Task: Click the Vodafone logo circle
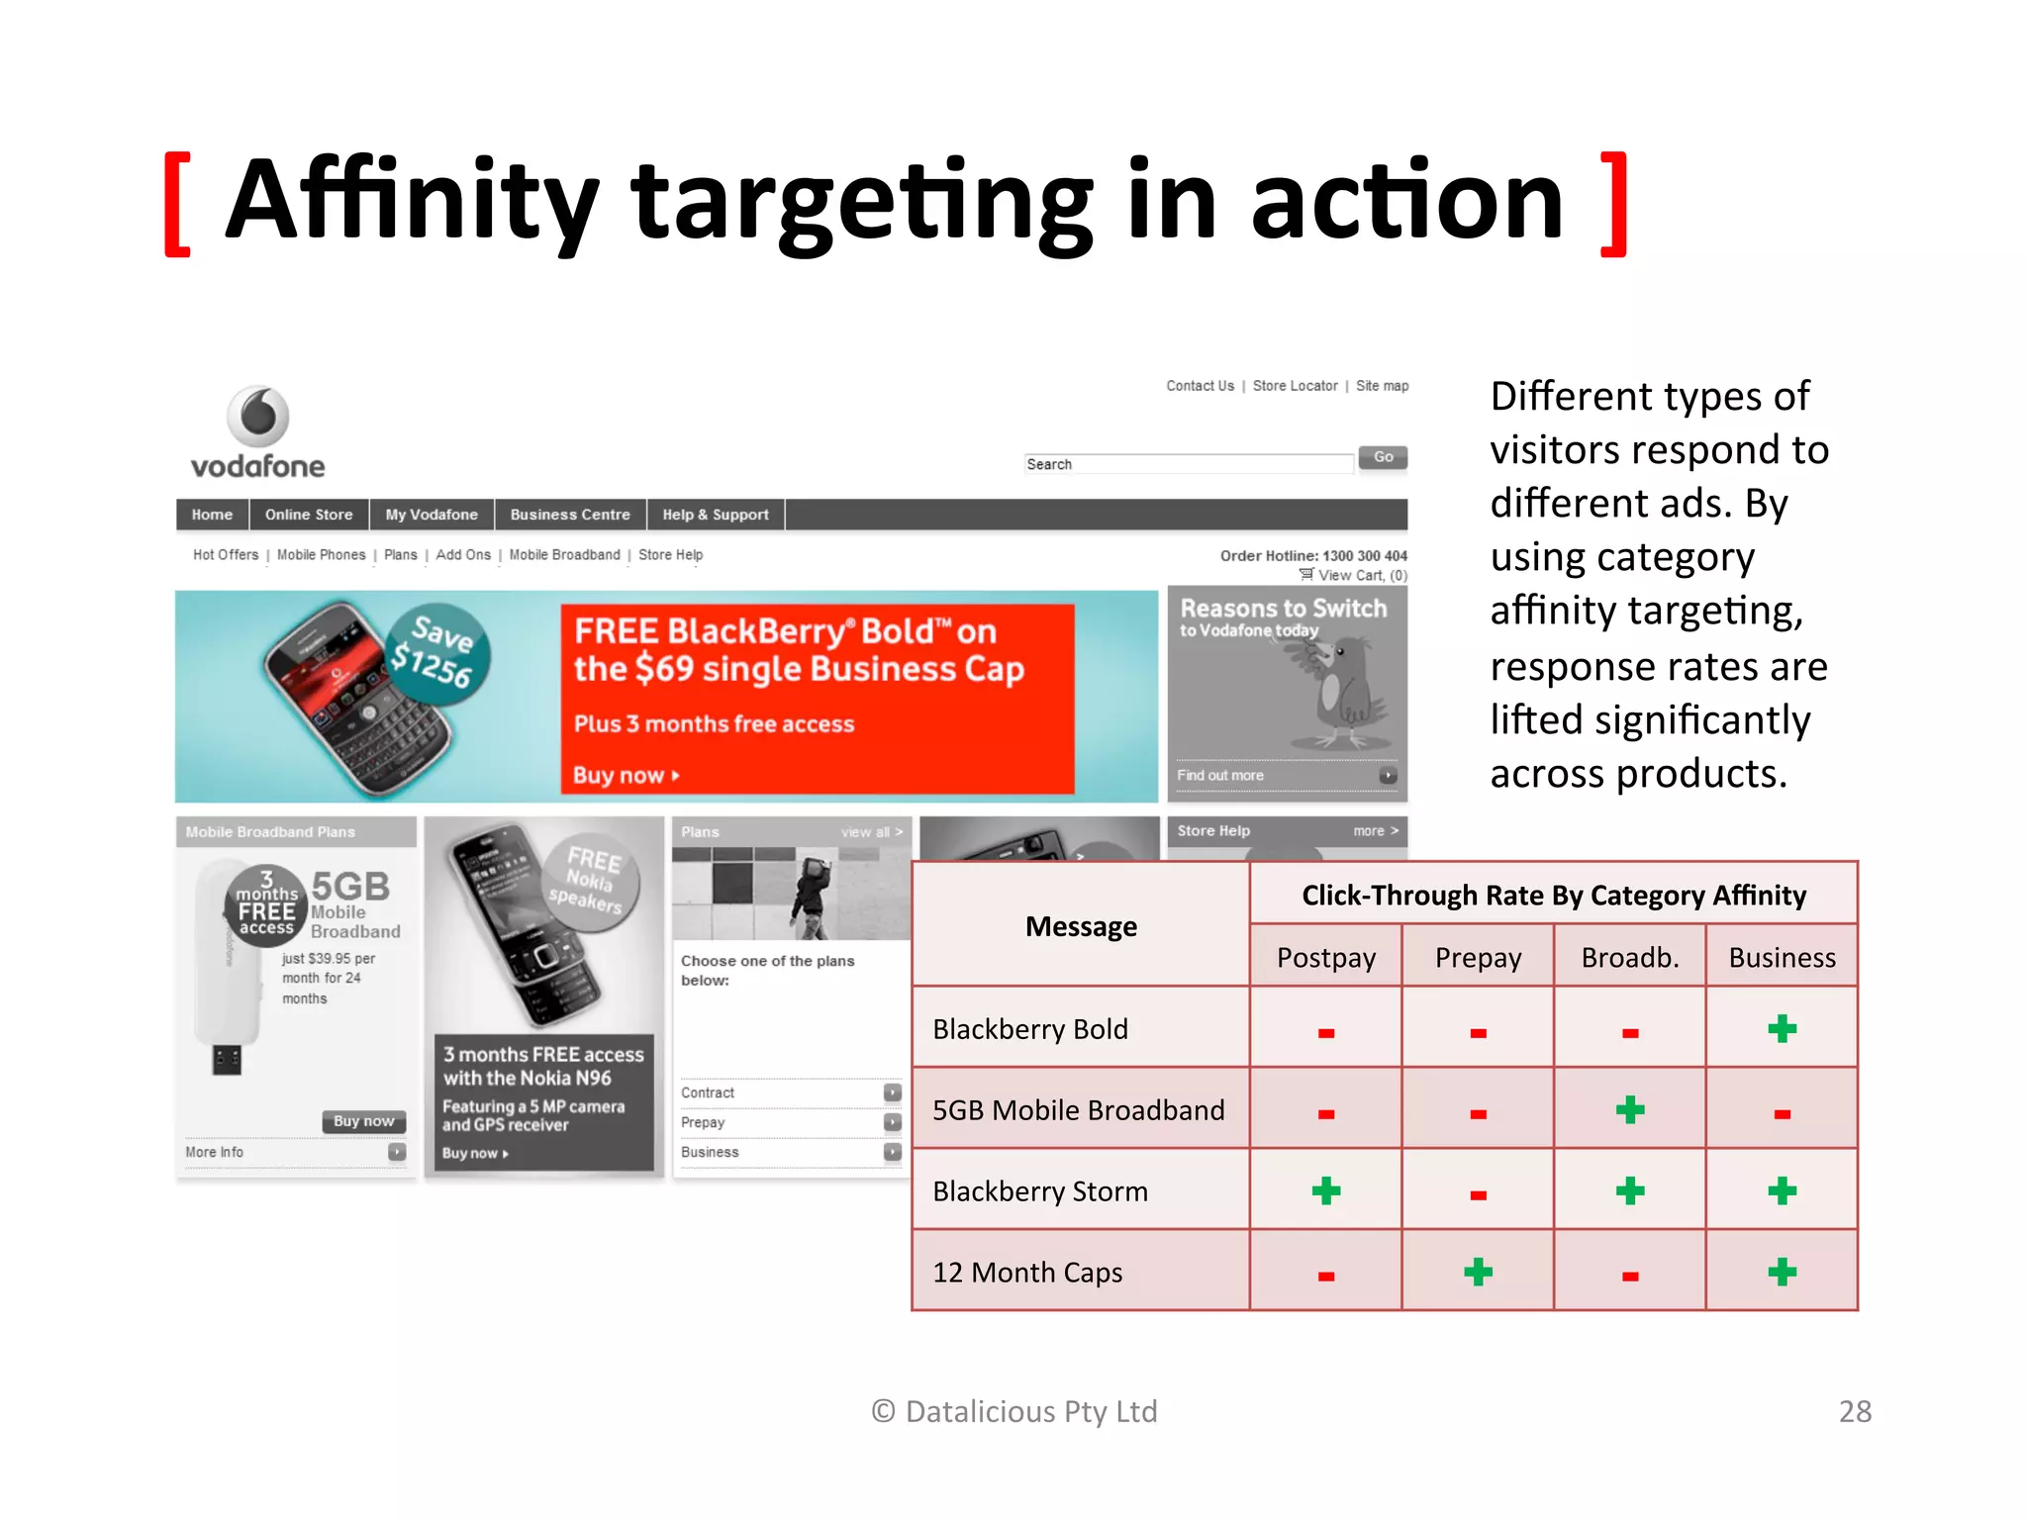pos(258,416)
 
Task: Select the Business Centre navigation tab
pos(570,515)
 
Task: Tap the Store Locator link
pos(1295,386)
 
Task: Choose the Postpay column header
pos(1326,957)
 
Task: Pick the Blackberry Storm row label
pos(1040,1191)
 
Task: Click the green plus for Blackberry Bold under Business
pos(1782,1029)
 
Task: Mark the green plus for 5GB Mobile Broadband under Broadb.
pos(1630,1110)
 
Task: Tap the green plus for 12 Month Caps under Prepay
pos(1478,1272)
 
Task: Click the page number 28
pos(1855,1411)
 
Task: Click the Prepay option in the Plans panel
pos(703,1122)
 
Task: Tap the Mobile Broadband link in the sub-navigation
pos(564,555)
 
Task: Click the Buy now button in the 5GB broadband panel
pos(363,1121)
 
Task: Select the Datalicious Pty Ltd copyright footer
pos(1014,1411)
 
